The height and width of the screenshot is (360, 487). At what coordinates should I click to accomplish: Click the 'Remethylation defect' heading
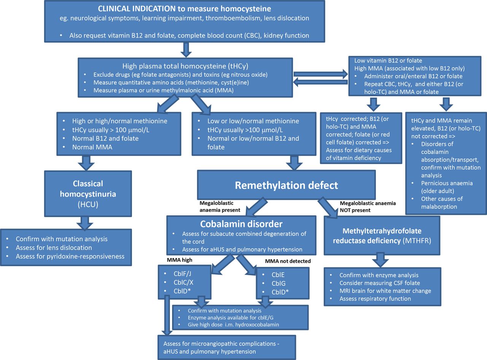[x=286, y=186]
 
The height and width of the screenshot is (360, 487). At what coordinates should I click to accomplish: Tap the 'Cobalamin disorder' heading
[x=241, y=224]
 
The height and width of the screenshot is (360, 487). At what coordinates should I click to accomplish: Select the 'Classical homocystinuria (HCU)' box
[x=88, y=194]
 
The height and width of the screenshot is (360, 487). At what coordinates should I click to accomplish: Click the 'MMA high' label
[x=179, y=260]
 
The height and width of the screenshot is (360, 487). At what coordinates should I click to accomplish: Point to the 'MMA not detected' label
[x=288, y=261]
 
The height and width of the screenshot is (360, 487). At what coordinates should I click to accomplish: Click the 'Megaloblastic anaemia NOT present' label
[x=368, y=207]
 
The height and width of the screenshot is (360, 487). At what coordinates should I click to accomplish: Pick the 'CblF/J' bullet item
[x=182, y=274]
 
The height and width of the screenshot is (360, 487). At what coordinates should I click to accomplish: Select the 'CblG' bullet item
[x=279, y=284]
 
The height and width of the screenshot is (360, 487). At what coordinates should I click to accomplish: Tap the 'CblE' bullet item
[x=278, y=275]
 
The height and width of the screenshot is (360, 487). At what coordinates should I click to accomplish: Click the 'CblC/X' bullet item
[x=183, y=282]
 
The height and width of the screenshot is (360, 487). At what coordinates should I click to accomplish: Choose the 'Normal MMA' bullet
[x=92, y=147]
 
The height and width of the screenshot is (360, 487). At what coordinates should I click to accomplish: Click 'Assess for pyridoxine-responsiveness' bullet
[x=70, y=256]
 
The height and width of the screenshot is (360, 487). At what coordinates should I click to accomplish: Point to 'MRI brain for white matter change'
[x=385, y=291]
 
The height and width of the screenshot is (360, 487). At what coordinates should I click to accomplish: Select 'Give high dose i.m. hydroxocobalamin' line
[x=233, y=325]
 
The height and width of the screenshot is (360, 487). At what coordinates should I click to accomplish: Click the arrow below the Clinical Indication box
[x=186, y=50]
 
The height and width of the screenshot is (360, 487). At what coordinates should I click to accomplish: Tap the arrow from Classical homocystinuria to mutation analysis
[x=85, y=223]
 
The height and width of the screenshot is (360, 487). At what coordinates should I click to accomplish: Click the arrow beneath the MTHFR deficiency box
[x=380, y=260]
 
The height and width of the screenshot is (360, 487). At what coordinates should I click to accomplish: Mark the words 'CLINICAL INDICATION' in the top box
[x=137, y=9]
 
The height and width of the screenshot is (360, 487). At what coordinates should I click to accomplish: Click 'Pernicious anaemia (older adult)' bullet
[x=447, y=187]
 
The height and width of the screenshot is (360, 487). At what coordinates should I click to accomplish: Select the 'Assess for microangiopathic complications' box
[x=227, y=347]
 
